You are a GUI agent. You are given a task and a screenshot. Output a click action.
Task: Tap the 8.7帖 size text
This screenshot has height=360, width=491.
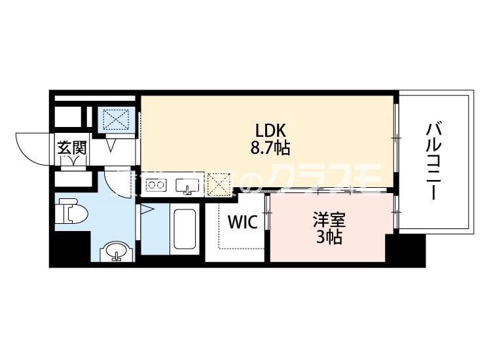[269, 147]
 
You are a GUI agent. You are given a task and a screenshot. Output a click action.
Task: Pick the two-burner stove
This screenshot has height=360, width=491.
[156, 185]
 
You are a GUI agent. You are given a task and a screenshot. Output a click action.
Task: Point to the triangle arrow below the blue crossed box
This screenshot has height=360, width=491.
[111, 145]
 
